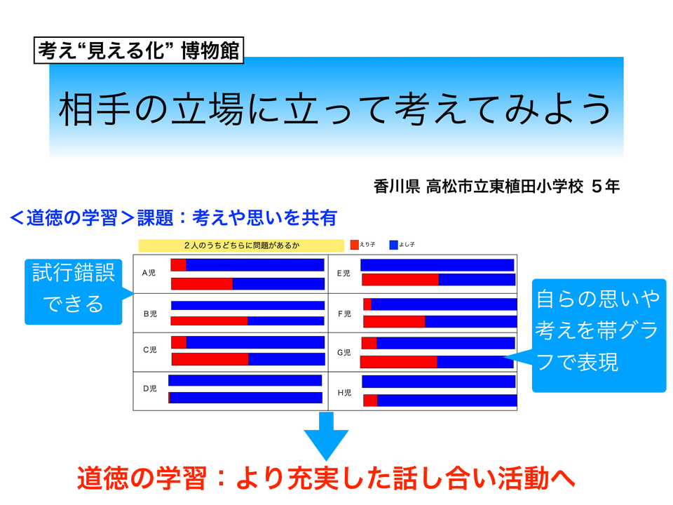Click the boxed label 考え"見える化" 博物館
tap(139, 50)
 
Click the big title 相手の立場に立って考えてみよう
tap(335, 109)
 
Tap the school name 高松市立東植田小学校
tap(504, 187)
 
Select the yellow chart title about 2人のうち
tap(241, 245)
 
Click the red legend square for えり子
tap(355, 245)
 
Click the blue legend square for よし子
tap(393, 245)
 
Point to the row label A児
tap(149, 273)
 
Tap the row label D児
tap(150, 389)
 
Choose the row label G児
tap(344, 353)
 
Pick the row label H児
tap(345, 393)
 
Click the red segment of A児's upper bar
tap(179, 265)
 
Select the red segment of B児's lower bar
tap(210, 321)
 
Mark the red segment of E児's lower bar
tap(400, 280)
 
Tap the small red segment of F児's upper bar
tap(367, 304)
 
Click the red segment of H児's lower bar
tap(370, 400)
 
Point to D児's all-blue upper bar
tap(245, 380)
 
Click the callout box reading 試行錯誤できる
tap(74, 292)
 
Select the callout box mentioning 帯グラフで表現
tap(599, 335)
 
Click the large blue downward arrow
tap(326, 436)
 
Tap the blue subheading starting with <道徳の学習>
tap(173, 217)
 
